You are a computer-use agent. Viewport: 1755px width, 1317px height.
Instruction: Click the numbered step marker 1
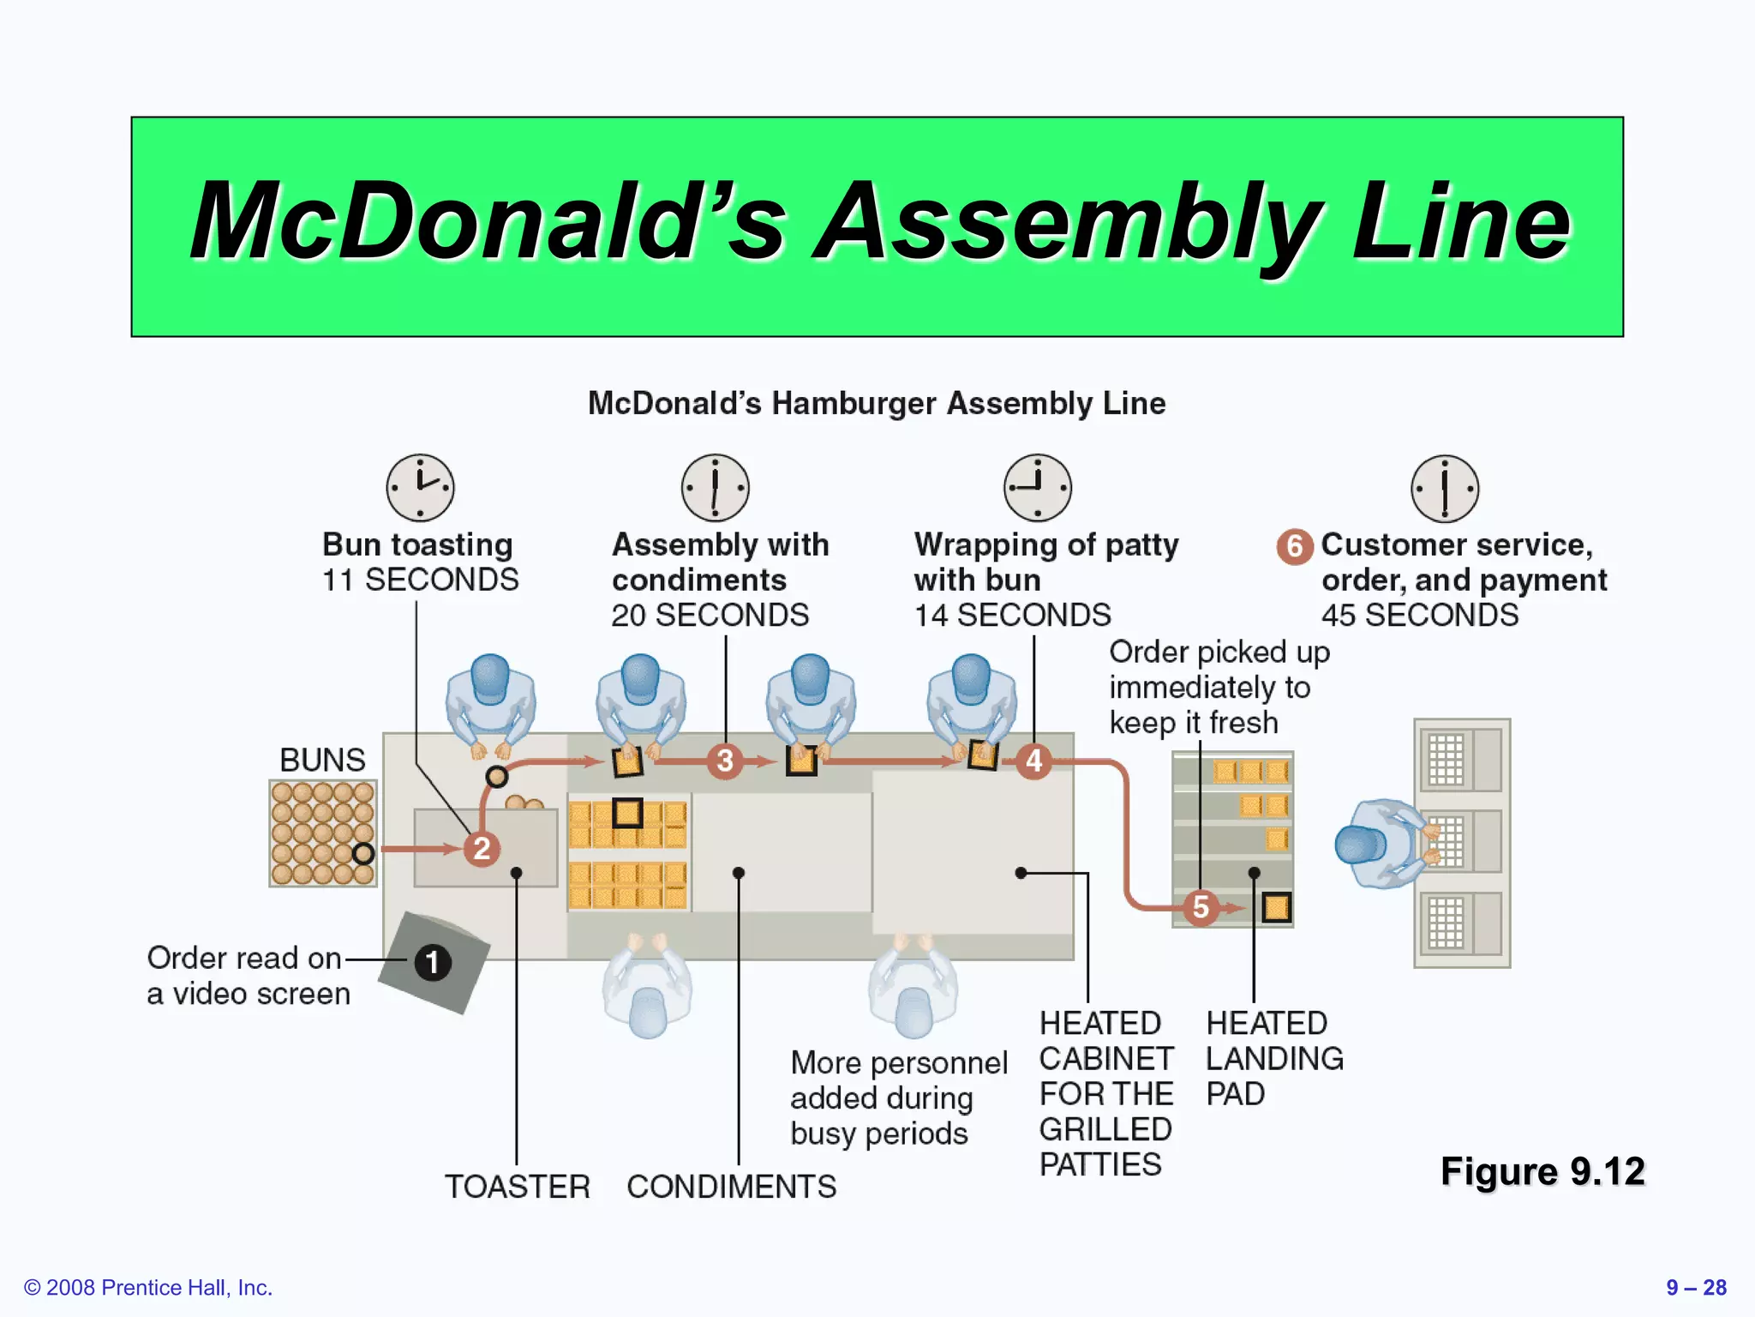433,962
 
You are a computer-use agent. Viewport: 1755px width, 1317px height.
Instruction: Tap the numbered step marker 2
482,849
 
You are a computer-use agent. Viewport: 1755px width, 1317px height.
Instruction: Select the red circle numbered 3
725,761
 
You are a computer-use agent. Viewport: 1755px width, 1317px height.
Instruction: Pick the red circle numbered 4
1034,761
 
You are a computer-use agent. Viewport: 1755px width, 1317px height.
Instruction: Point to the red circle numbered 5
1201,907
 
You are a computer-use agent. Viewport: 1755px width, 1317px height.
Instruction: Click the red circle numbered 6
1295,546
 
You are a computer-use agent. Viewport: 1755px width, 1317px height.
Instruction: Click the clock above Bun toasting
420,487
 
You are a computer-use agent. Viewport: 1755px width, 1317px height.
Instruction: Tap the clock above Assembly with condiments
715,487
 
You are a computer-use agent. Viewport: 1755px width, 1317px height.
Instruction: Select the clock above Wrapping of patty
1037,487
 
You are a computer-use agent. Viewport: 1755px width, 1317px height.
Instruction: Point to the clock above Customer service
1445,488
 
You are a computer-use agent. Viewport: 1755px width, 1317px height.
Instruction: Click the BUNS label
322,760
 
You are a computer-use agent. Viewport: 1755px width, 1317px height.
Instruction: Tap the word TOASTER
518,1187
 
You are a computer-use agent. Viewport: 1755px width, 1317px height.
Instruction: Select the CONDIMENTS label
731,1187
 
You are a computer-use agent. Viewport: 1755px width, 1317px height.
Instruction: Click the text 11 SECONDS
420,580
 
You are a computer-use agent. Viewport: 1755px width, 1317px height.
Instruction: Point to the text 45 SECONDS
1419,615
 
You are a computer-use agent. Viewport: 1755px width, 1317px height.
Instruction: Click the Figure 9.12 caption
1542,1171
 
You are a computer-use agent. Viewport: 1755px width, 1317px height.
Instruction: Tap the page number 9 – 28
1696,1287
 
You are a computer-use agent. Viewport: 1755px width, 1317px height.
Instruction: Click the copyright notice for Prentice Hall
148,1287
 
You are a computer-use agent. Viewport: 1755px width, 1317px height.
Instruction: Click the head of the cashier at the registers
1361,845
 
